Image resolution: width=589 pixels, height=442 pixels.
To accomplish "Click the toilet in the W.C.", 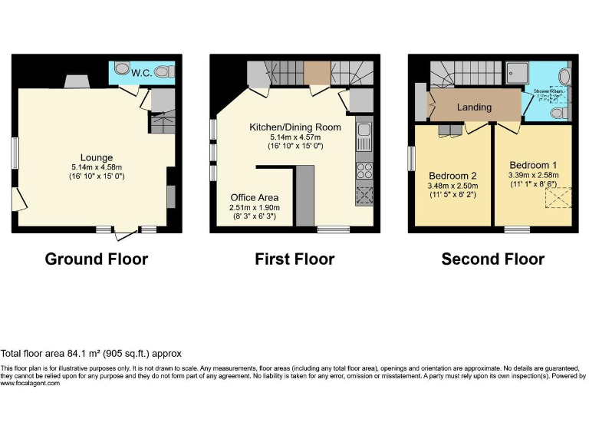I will (163, 73).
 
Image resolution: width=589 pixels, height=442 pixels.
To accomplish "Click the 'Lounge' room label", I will (97, 158).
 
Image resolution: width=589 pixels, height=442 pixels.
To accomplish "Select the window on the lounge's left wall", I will (14, 153).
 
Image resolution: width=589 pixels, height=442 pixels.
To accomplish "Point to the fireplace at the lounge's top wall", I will (75, 82).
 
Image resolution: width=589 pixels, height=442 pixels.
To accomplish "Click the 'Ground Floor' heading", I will (97, 259).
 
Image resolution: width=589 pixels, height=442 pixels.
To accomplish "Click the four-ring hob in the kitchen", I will (364, 171).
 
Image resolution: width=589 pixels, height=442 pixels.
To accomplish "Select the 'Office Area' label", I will (255, 197).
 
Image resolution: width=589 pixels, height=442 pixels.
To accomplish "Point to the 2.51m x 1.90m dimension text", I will (255, 207).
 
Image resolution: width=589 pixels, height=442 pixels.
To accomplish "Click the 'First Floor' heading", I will (294, 259).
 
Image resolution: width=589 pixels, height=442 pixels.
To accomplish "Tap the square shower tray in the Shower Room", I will (534, 74).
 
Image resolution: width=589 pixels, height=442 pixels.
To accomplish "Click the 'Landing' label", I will (474, 107).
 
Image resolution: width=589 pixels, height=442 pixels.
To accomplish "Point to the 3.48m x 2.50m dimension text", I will (452, 185).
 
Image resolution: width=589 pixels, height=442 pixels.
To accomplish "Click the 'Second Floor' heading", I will (492, 259).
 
